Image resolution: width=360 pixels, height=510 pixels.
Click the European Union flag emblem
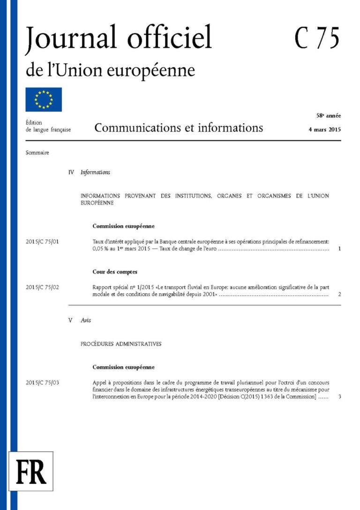pos(44,99)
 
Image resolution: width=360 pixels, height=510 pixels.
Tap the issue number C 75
pos(317,38)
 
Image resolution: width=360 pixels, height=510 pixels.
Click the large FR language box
pos(31,471)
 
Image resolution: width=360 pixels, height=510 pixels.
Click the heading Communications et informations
pos(179,128)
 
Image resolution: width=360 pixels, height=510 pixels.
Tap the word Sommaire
pos(37,152)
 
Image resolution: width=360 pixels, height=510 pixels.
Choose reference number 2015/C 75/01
pos(42,242)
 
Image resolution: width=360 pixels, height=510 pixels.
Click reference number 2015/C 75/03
pos(42,383)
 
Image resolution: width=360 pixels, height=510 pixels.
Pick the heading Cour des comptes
pos(114,272)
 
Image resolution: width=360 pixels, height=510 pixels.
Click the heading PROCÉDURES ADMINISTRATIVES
pos(121,344)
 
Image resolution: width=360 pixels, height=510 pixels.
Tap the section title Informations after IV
pos(95,172)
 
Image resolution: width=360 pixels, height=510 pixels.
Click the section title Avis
pos(86,320)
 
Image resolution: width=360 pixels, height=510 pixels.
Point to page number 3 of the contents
pos(339,397)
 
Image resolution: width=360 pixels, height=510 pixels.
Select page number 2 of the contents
pos(339,295)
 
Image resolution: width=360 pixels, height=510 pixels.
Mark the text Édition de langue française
pos(48,126)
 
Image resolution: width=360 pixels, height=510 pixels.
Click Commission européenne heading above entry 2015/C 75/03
pos(123,367)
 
